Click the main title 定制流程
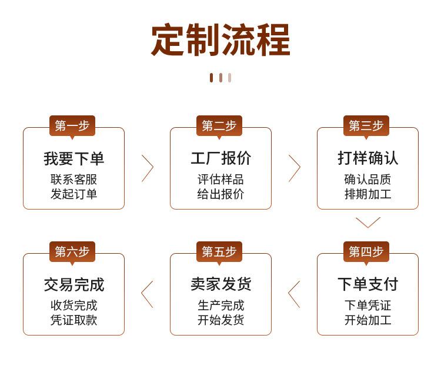220,40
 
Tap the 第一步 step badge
72,125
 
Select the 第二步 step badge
219,125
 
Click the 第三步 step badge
366,125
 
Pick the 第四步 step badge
366,251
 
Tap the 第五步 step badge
219,251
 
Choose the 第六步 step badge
72,251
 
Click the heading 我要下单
73,158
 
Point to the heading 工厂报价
220,158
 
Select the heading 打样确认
367,158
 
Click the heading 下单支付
367,284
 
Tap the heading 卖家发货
220,284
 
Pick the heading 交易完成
73,284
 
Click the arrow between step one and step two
147,168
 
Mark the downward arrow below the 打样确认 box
368,222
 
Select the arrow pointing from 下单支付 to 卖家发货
294,294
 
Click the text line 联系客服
73,180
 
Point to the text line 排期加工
367,194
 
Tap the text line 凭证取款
73,320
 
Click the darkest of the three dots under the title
212,78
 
